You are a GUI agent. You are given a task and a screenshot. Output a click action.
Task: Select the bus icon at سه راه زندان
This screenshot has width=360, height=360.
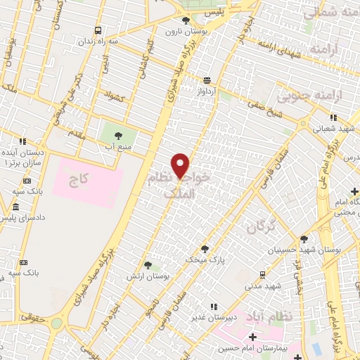[x=98, y=30]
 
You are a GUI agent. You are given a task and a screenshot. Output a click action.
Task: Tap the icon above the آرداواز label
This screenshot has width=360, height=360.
[x=206, y=81]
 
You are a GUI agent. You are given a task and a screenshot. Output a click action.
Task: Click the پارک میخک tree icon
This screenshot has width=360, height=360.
[x=205, y=248]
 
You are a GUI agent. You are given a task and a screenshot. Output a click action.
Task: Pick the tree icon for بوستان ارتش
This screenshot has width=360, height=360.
[x=148, y=265]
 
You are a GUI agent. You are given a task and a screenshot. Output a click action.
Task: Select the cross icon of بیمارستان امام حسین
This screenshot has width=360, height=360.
[x=252, y=338]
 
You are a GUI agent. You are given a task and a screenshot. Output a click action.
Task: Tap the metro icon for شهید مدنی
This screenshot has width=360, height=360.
[x=262, y=274]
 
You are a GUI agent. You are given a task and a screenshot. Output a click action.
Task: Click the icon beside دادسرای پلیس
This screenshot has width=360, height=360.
[x=15, y=207]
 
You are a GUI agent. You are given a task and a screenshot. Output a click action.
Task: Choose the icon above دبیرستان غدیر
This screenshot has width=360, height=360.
[x=213, y=306]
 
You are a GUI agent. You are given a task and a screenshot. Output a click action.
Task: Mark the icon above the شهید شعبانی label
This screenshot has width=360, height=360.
[x=333, y=117]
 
